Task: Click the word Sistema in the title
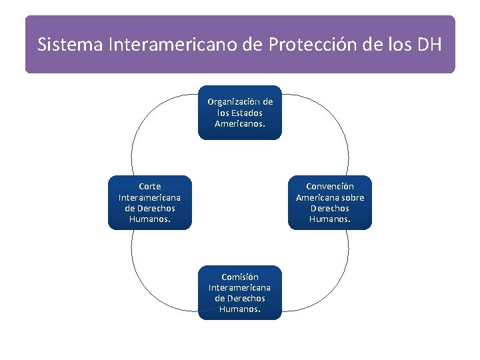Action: tap(61, 45)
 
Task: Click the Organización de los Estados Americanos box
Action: tap(240, 113)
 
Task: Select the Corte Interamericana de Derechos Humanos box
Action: tap(149, 203)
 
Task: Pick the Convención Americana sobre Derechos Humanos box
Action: tap(330, 203)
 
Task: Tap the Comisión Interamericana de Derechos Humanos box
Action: tap(240, 293)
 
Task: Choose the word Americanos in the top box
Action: tap(240, 124)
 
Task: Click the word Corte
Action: tap(149, 187)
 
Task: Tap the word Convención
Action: tap(330, 187)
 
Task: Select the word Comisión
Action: tap(240, 277)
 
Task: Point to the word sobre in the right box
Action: tap(352, 197)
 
